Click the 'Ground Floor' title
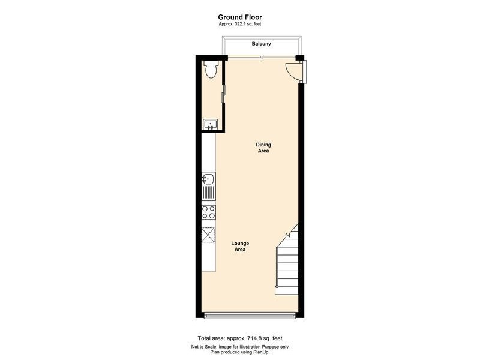click(239, 17)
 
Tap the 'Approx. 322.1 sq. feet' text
click(239, 24)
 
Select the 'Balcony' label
click(261, 44)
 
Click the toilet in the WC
click(209, 70)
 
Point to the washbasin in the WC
click(209, 124)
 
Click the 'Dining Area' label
click(263, 148)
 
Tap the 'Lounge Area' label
click(240, 246)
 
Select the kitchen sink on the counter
click(208, 179)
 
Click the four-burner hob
click(209, 212)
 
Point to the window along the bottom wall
click(251, 316)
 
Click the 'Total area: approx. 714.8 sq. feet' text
click(239, 338)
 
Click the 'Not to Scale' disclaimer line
click(239, 347)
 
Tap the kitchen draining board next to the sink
click(209, 193)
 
